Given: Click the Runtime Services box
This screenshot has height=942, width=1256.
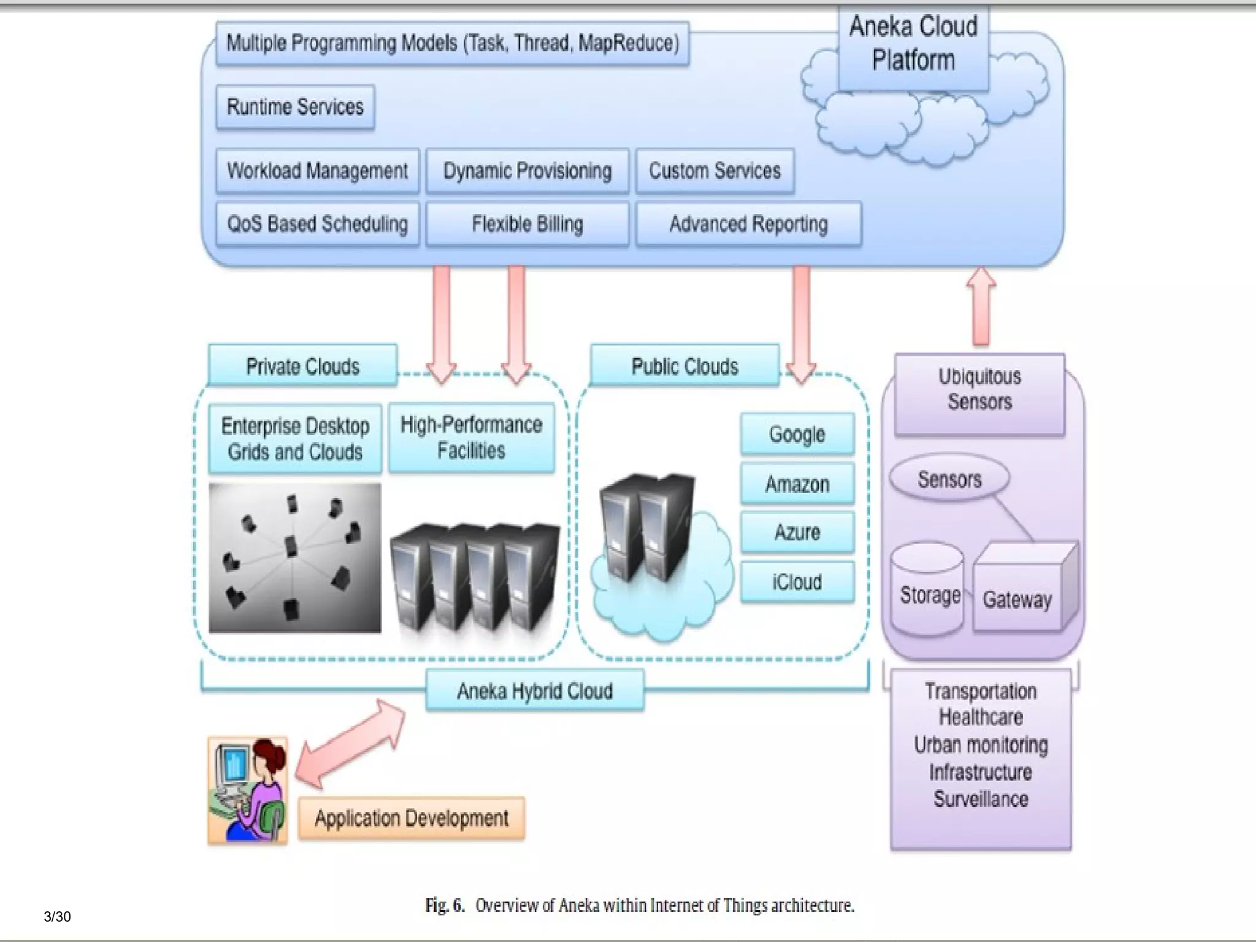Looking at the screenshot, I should (295, 107).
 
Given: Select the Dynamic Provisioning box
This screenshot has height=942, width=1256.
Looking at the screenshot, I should (527, 170).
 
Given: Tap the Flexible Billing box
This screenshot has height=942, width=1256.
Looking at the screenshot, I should (527, 224).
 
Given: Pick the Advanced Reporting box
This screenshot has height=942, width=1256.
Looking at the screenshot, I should (748, 224).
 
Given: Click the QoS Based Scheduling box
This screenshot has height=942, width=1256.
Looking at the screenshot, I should (317, 224).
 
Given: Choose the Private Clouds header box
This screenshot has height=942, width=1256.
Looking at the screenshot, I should (302, 366).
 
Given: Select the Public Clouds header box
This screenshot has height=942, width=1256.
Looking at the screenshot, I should (684, 366).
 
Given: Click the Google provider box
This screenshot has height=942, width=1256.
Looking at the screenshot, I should (797, 434).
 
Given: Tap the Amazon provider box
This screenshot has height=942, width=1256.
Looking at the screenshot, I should (797, 484).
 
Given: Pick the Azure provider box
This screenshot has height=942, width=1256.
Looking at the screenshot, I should (797, 532).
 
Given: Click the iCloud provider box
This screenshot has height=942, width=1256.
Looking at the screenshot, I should (797, 581).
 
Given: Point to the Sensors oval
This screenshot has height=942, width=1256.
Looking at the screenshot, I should (949, 479).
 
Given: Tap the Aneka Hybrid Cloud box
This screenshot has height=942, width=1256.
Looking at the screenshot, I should (535, 691).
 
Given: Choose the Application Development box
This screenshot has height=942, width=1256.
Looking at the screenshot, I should (412, 818).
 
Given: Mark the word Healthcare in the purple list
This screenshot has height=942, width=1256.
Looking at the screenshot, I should (981, 717).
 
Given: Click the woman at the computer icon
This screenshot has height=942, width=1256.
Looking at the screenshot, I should (248, 790).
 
